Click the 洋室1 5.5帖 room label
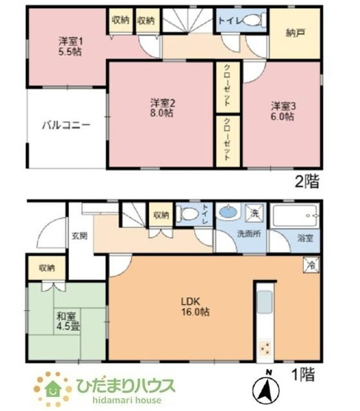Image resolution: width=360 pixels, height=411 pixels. pos(70,47)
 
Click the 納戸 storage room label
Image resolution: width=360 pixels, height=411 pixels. pos(294,32)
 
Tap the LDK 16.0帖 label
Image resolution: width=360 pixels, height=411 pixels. pos(196,306)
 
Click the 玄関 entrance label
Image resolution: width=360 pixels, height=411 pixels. pos(80,235)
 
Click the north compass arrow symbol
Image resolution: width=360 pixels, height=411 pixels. pos(267,385)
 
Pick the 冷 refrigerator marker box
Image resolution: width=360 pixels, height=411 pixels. pos(312,264)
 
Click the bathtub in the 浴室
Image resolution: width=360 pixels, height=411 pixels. pos(296,217)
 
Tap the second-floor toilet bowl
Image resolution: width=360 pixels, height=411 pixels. pos(253,20)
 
